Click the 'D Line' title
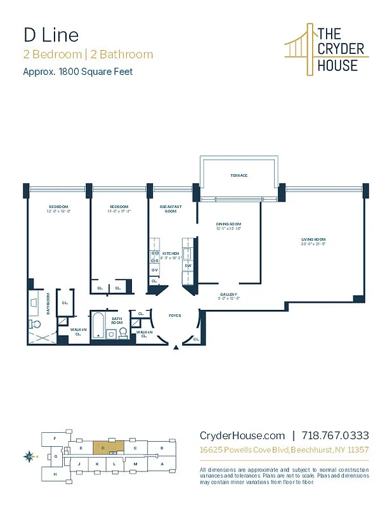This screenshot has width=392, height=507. pos(51,34)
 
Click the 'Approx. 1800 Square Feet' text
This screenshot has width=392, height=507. pos(78,72)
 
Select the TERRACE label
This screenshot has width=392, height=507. pos(238,176)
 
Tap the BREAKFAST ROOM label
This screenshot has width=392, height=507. pos(170,209)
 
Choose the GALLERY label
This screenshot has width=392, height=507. pos(228,295)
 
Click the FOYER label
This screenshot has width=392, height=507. pos(174,315)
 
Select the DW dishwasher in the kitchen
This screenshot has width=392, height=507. pos(188,266)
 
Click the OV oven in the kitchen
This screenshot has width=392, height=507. pos(154,271)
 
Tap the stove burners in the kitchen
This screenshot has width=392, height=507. pos(154,257)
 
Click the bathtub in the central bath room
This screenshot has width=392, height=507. pos(97,325)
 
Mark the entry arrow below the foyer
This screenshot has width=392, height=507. pos(177,348)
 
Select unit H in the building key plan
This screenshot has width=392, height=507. pos(55,473)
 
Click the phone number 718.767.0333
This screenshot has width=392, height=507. pos(335,435)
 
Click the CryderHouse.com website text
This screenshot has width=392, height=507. pos(242,435)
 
